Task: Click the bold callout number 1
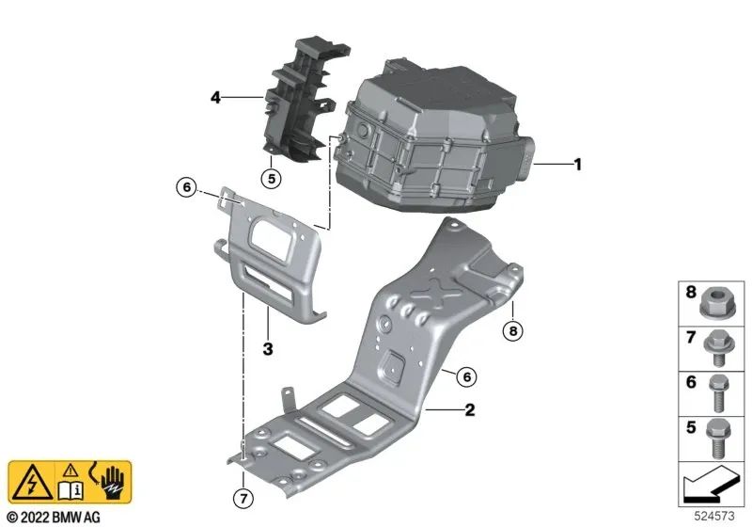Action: [578, 165]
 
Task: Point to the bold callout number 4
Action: [215, 96]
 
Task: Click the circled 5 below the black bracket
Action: [270, 177]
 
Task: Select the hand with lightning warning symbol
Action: [111, 480]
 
